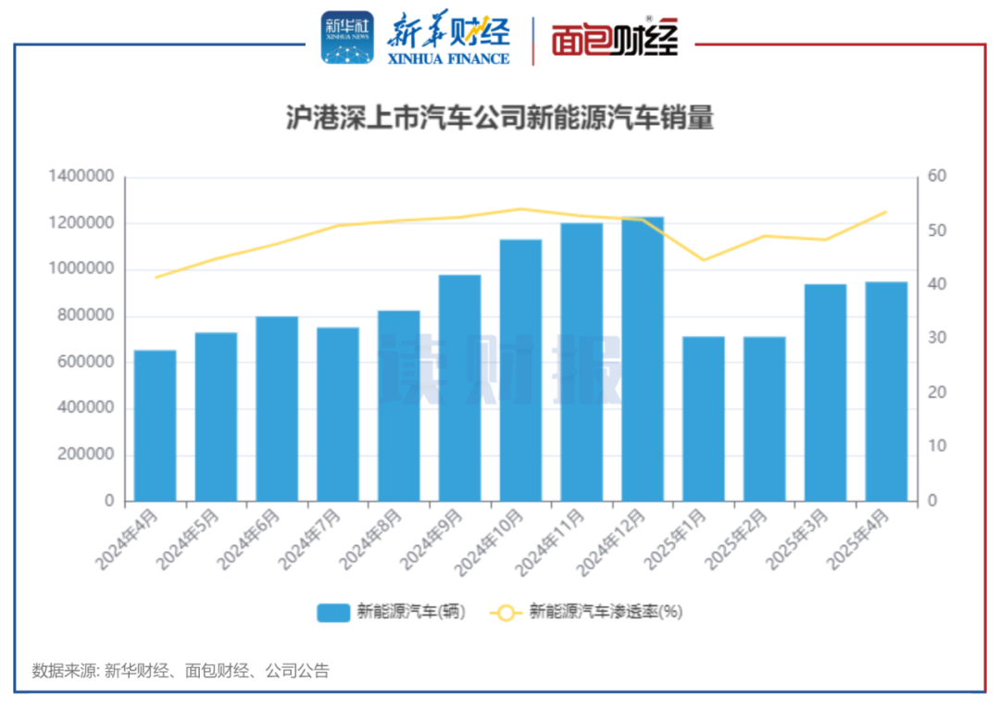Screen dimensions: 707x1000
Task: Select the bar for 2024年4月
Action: [155, 426]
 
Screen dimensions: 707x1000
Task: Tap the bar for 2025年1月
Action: [704, 418]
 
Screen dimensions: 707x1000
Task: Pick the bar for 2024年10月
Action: [520, 370]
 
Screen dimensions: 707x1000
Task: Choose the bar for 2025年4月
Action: [886, 391]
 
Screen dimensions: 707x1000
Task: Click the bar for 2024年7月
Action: [338, 414]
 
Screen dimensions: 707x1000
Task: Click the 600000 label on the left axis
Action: [84, 362]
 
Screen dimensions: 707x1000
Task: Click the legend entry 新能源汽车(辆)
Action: [390, 612]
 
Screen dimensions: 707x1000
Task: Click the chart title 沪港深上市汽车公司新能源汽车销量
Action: [499, 119]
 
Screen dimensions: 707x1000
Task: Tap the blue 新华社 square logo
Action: [347, 38]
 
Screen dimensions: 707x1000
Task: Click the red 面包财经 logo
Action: [615, 40]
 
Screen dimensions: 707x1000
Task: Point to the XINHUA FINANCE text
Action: [450, 58]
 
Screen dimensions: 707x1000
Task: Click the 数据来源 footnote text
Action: [181, 671]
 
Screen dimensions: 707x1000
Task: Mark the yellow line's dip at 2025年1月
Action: [704, 260]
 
